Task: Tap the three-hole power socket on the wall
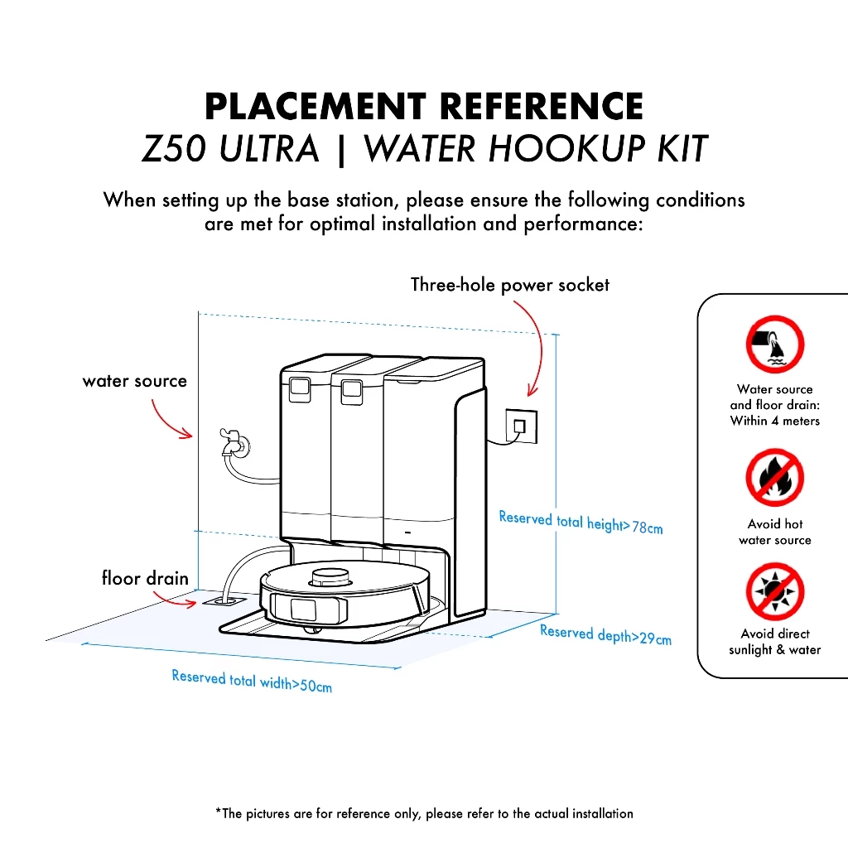coord(520,426)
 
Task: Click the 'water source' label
coord(135,382)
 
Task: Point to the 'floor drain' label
coord(145,578)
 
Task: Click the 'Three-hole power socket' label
coord(509,286)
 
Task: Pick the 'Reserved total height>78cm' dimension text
coord(581,523)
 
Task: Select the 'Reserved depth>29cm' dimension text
coord(605,634)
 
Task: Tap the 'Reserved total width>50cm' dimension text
coord(252,681)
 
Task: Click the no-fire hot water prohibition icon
coord(775,479)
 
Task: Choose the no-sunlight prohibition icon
coord(775,591)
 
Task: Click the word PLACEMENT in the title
coord(316,108)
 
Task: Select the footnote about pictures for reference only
coord(424,813)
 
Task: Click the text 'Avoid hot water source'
coord(775,532)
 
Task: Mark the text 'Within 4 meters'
coord(775,421)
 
